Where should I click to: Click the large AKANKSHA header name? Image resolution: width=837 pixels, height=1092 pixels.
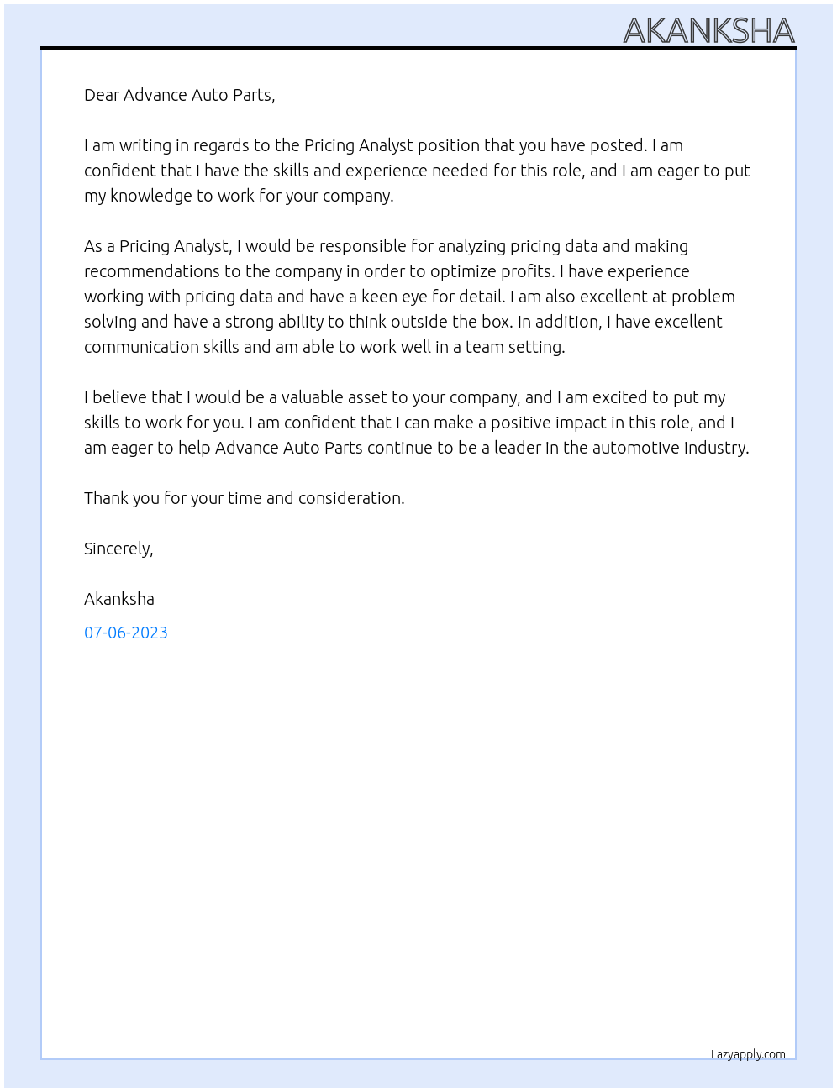(x=708, y=31)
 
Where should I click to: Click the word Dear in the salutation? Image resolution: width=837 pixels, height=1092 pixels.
(x=102, y=95)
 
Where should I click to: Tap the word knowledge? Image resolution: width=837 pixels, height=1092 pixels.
(x=150, y=196)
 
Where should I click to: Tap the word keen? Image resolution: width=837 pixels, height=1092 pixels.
(x=380, y=297)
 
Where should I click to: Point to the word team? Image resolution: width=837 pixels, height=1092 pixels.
(x=484, y=347)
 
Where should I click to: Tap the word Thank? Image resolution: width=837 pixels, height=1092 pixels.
(x=106, y=498)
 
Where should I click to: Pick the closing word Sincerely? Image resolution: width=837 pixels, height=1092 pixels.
(x=118, y=549)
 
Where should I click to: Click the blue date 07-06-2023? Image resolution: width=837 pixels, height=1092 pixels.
(x=126, y=633)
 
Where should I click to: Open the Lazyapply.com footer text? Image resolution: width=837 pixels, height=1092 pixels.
(x=748, y=1054)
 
